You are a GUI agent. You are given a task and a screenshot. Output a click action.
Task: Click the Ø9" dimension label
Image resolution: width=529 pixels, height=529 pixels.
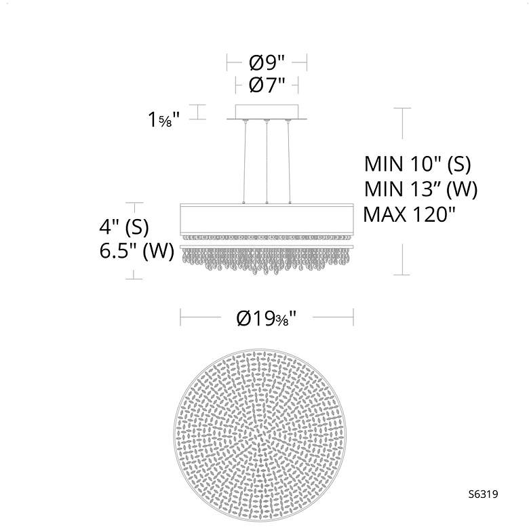(267, 63)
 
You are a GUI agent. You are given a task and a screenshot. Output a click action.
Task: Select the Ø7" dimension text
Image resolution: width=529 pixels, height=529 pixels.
(267, 85)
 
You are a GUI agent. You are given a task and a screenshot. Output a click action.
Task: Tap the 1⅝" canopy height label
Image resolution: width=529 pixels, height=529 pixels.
(164, 119)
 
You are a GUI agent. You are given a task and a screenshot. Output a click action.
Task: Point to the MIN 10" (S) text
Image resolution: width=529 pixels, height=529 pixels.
(417, 164)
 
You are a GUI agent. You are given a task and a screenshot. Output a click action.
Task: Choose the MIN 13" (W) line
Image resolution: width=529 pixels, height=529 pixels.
(420, 189)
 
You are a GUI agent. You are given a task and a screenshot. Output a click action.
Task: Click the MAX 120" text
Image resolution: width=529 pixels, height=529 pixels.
(409, 214)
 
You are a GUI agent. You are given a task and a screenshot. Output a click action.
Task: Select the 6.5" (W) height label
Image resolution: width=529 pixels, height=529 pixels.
(136, 251)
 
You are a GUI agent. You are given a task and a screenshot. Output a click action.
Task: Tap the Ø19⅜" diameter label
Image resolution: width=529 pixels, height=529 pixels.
(267, 318)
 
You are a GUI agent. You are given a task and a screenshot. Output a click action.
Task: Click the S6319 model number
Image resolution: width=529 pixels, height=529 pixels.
(483, 494)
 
